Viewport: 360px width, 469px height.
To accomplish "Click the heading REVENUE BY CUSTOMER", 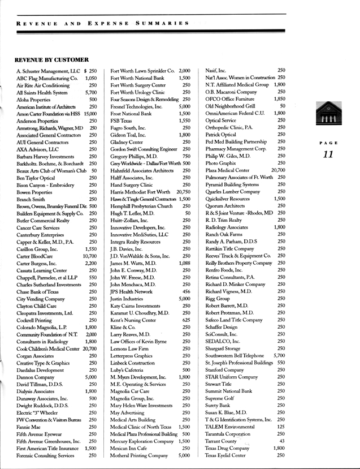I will coord(52,59).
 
